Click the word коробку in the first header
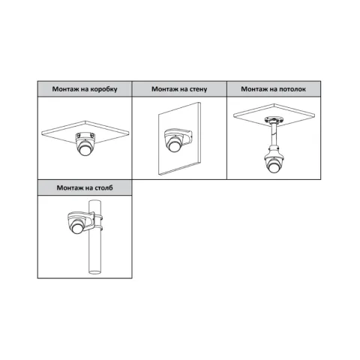(x=103, y=89)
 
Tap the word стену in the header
(x=198, y=89)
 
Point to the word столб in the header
(x=103, y=187)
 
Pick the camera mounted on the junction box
(x=85, y=144)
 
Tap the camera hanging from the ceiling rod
(x=274, y=160)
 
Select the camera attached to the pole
(x=77, y=223)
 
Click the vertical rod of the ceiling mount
(x=274, y=135)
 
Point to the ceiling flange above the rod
(x=274, y=120)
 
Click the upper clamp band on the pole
(x=98, y=217)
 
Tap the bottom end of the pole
(x=95, y=271)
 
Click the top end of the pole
(x=95, y=202)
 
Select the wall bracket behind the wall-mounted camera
(x=187, y=138)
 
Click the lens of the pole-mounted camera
(x=76, y=229)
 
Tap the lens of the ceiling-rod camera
(x=274, y=167)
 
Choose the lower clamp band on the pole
(x=98, y=227)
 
